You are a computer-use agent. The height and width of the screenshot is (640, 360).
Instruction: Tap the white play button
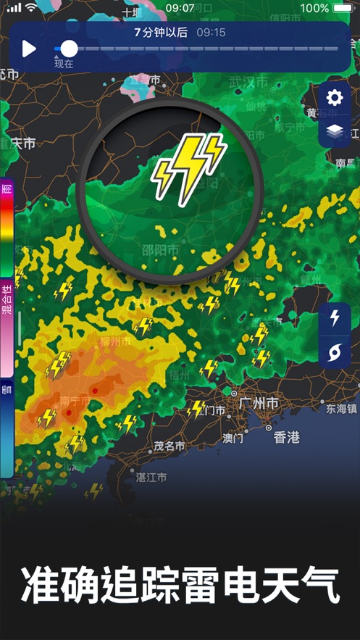(x=29, y=49)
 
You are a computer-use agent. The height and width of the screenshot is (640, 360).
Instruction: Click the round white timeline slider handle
(x=69, y=49)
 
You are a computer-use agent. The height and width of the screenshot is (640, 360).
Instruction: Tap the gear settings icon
(x=335, y=98)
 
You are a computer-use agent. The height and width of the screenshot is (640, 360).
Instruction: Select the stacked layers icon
(x=335, y=131)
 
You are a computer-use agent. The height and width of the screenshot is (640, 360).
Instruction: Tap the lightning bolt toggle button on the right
(x=335, y=318)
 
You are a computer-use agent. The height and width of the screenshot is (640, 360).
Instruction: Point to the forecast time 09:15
(x=211, y=33)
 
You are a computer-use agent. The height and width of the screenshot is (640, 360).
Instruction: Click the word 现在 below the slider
(x=64, y=64)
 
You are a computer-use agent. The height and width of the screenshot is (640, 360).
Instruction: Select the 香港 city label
(x=287, y=437)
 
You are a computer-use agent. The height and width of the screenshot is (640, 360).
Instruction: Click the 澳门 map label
(x=233, y=439)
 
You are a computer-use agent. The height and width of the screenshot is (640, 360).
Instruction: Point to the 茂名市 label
(x=171, y=446)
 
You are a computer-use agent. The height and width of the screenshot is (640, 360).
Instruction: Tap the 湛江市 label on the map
(x=151, y=477)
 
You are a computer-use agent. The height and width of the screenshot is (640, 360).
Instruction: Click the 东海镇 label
(x=341, y=409)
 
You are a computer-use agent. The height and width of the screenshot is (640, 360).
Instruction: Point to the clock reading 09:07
(x=180, y=8)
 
